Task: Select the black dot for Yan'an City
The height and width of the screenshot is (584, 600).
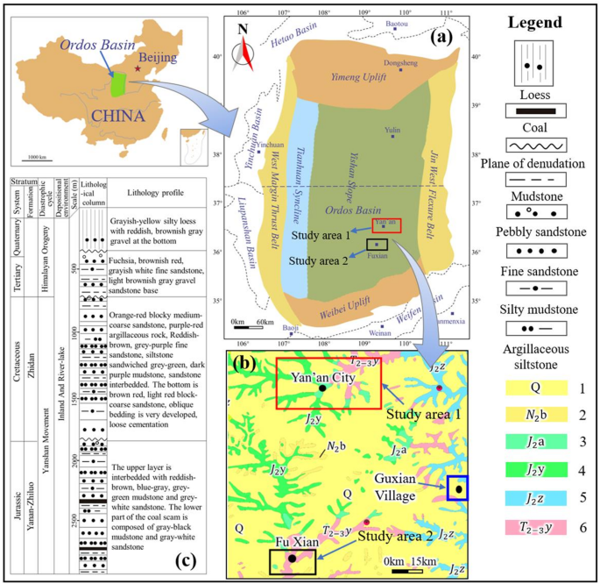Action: [x=322, y=387]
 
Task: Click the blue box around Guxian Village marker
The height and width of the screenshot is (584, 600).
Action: [x=457, y=488]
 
